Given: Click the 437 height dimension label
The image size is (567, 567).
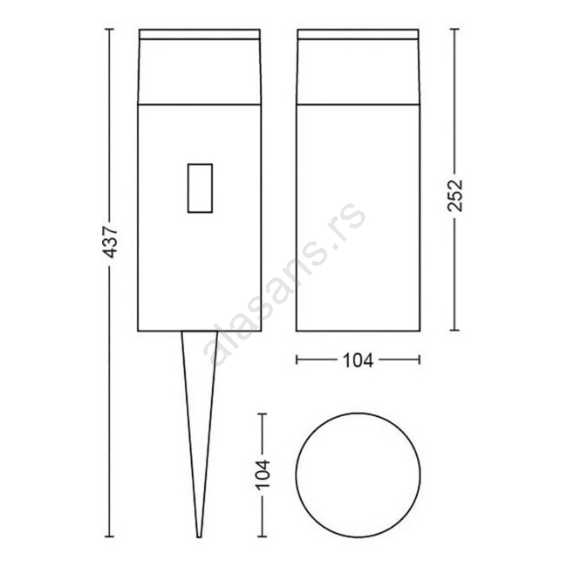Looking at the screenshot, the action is (109, 242).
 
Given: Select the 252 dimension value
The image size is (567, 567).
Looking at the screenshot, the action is (454, 195).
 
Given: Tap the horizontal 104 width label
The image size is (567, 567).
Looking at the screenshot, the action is (358, 360).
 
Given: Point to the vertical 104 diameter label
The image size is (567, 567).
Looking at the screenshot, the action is (263, 475).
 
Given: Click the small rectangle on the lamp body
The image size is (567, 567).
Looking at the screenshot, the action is (200, 188).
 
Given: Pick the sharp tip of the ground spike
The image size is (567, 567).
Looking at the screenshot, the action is (199, 537).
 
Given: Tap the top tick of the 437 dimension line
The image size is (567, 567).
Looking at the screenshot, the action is (109, 29).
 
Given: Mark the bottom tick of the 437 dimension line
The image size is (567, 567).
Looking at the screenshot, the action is (109, 536).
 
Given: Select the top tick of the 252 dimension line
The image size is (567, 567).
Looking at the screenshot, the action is (454, 29).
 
